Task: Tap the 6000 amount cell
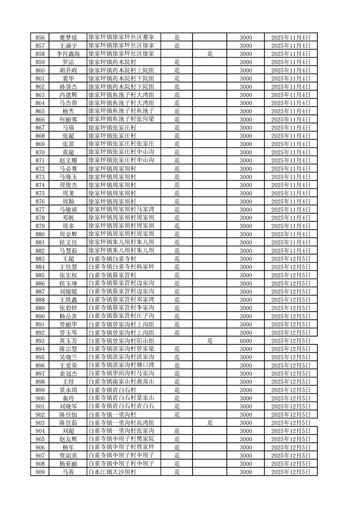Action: point(246,341)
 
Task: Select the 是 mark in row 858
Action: point(210,54)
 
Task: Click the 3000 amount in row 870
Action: point(246,152)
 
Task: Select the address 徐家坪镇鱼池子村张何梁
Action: point(122,119)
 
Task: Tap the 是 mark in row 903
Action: point(210,423)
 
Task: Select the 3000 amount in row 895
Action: point(246,357)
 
